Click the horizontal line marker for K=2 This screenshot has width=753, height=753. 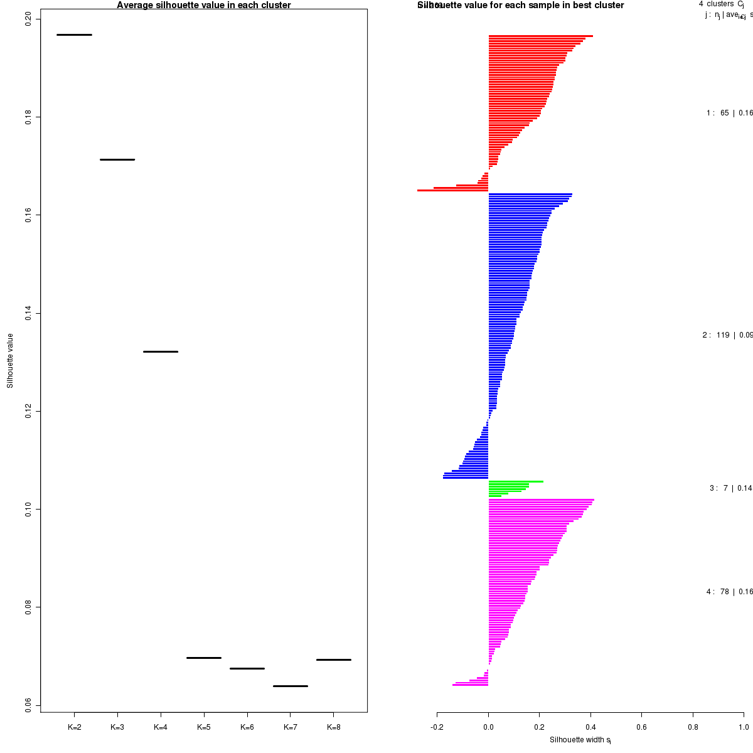click(74, 35)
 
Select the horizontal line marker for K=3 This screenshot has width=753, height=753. click(117, 159)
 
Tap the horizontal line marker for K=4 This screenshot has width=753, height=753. click(161, 351)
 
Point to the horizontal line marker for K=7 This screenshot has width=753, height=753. click(291, 686)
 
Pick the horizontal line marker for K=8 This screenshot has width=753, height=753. click(333, 660)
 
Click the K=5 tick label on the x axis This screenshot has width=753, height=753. click(204, 727)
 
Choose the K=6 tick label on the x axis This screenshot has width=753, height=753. click(247, 727)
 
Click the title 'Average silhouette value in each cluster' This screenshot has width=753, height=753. click(204, 6)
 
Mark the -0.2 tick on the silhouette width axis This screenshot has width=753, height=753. click(437, 727)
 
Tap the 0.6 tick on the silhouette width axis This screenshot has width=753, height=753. click(641, 727)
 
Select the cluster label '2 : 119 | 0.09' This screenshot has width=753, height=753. click(727, 335)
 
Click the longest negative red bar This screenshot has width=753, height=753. click(452, 190)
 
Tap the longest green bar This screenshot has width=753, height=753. click(516, 481)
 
